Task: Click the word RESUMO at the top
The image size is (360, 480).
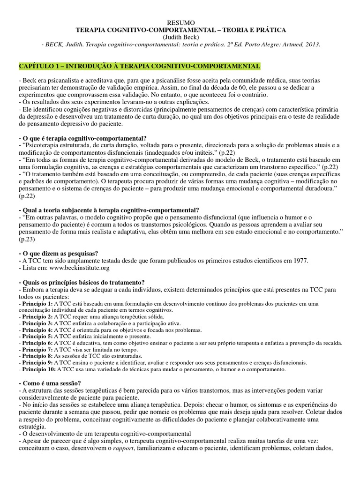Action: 180,22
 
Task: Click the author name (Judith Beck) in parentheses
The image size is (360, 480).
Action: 180,37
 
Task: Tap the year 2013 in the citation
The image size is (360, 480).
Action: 311,45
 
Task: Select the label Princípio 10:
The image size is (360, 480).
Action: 38,369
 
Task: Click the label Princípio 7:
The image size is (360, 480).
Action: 37,350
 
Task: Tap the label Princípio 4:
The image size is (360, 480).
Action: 37,330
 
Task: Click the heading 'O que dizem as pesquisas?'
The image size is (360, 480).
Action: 58,253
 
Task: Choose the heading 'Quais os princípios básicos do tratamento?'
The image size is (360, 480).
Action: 82,282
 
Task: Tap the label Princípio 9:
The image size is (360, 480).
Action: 37,363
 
